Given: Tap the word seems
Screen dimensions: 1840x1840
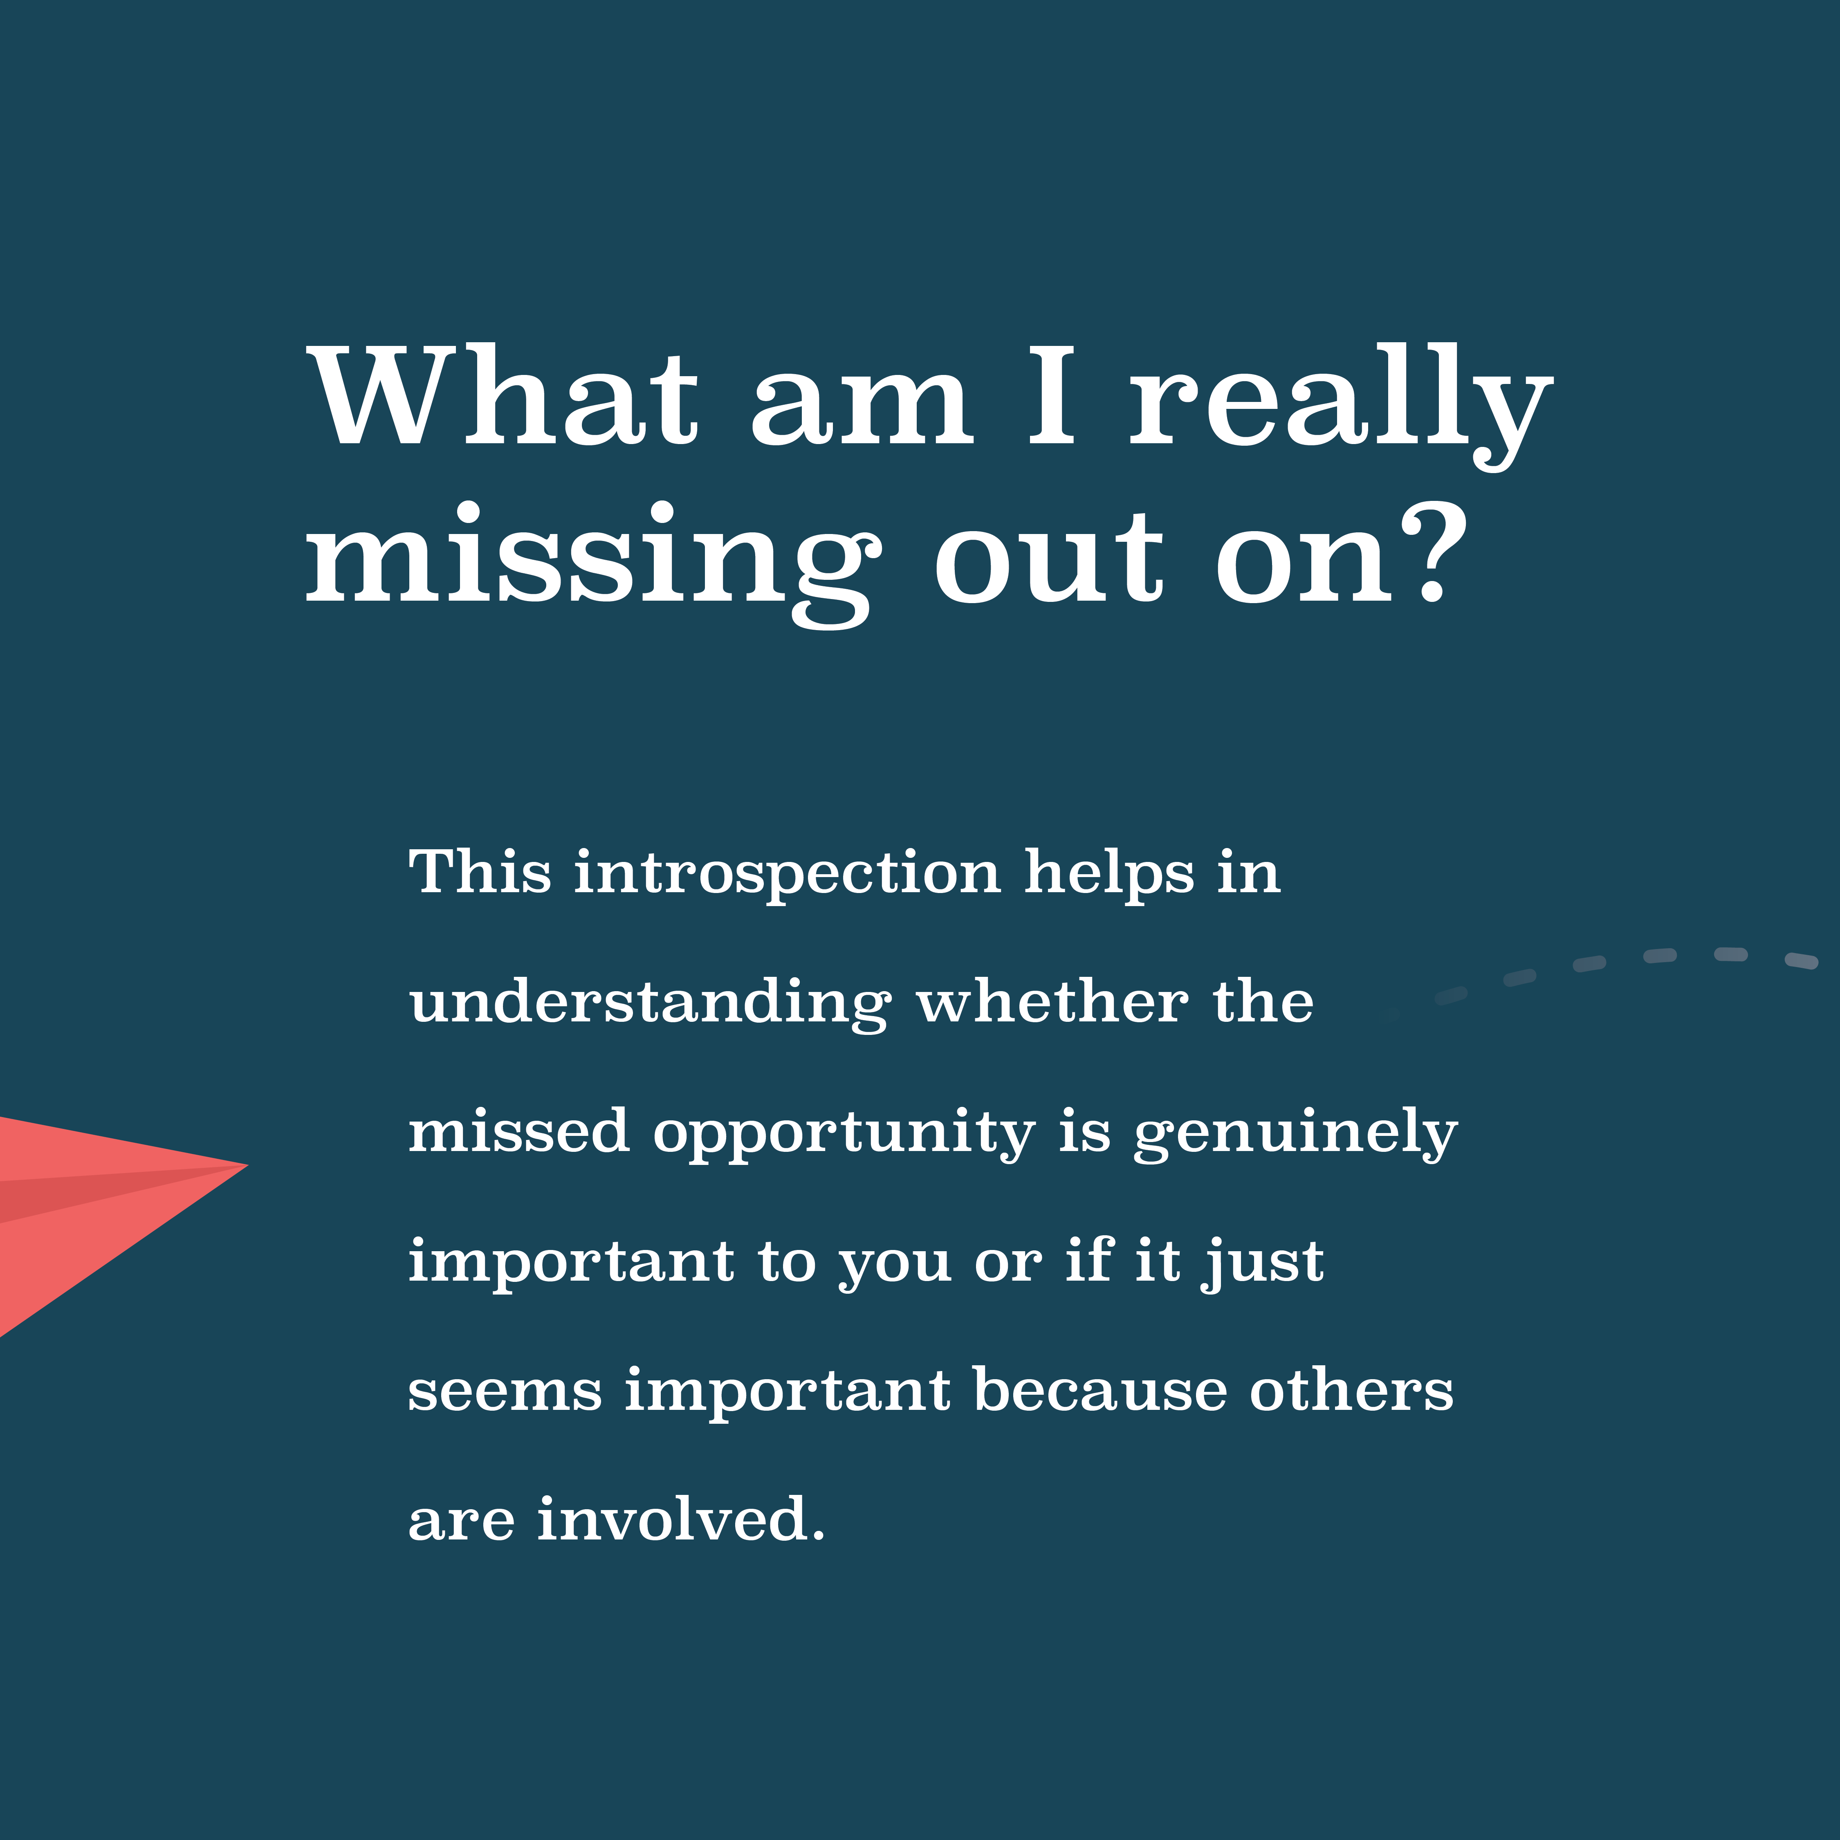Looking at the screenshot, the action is (x=506, y=1393).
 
